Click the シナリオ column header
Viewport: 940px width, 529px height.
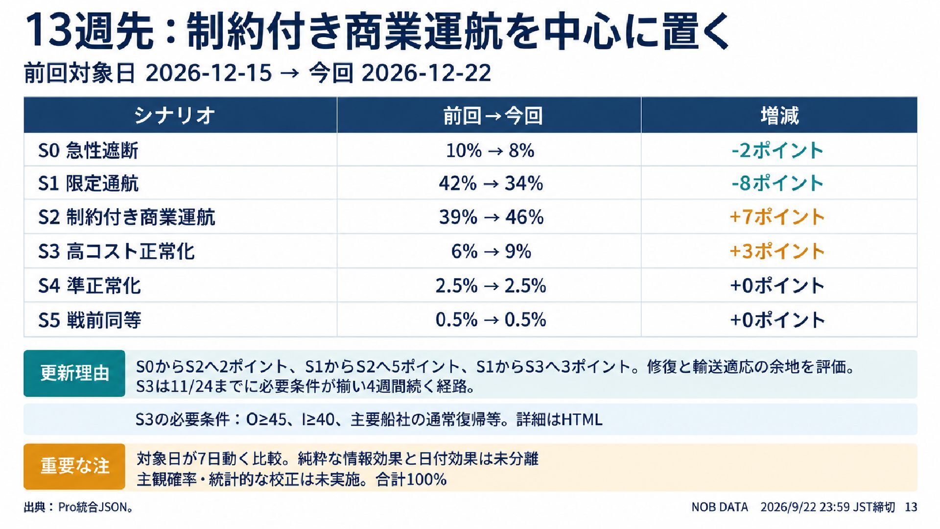pos(174,116)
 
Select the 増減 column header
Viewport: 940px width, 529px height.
pos(779,116)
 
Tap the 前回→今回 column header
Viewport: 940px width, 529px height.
pos(493,116)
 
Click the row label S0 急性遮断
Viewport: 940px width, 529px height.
pos(88,150)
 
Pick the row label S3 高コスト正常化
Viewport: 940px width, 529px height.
pos(117,251)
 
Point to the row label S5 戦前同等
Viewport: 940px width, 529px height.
pos(90,320)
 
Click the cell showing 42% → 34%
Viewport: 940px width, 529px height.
pos(491,184)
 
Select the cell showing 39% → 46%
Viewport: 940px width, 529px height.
pos(491,217)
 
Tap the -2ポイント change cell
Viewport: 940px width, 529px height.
pos(777,150)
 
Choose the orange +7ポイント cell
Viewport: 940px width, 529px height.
pos(777,217)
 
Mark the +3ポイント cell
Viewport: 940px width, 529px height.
pos(777,251)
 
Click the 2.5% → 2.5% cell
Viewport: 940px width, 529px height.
pos(491,286)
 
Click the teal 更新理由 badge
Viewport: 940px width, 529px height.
pos(74,373)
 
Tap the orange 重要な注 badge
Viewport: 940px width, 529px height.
pos(74,466)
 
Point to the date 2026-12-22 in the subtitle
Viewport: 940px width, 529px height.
pos(426,73)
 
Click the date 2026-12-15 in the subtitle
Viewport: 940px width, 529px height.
pos(209,73)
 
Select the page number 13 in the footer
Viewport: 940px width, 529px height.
pos(911,507)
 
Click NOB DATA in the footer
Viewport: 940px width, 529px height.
pos(720,507)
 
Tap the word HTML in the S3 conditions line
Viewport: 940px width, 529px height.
pos(582,420)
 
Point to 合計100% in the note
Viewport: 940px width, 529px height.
pos(411,479)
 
